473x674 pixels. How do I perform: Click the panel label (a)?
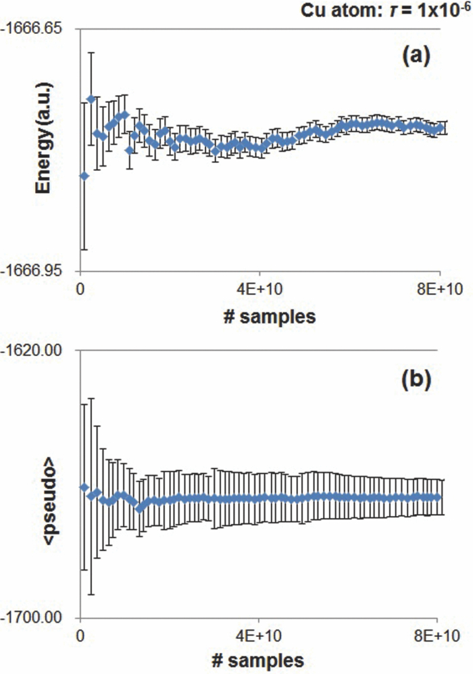pyautogui.click(x=416, y=56)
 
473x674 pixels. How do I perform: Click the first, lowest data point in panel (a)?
pyautogui.click(x=84, y=176)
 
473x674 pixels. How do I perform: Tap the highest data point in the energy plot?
pyautogui.click(x=91, y=99)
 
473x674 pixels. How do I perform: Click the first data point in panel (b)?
pyautogui.click(x=84, y=487)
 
